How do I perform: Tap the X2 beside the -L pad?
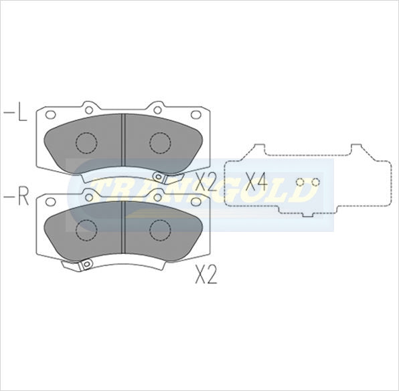pos(205,181)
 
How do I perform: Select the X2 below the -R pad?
pos(206,275)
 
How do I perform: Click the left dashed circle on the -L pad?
pos(86,142)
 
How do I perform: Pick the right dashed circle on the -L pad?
pos(160,142)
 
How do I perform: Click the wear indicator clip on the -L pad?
pos(161,177)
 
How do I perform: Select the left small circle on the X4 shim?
pos(301,182)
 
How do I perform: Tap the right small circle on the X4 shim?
pos(317,182)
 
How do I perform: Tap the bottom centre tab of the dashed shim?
pos(307,213)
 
